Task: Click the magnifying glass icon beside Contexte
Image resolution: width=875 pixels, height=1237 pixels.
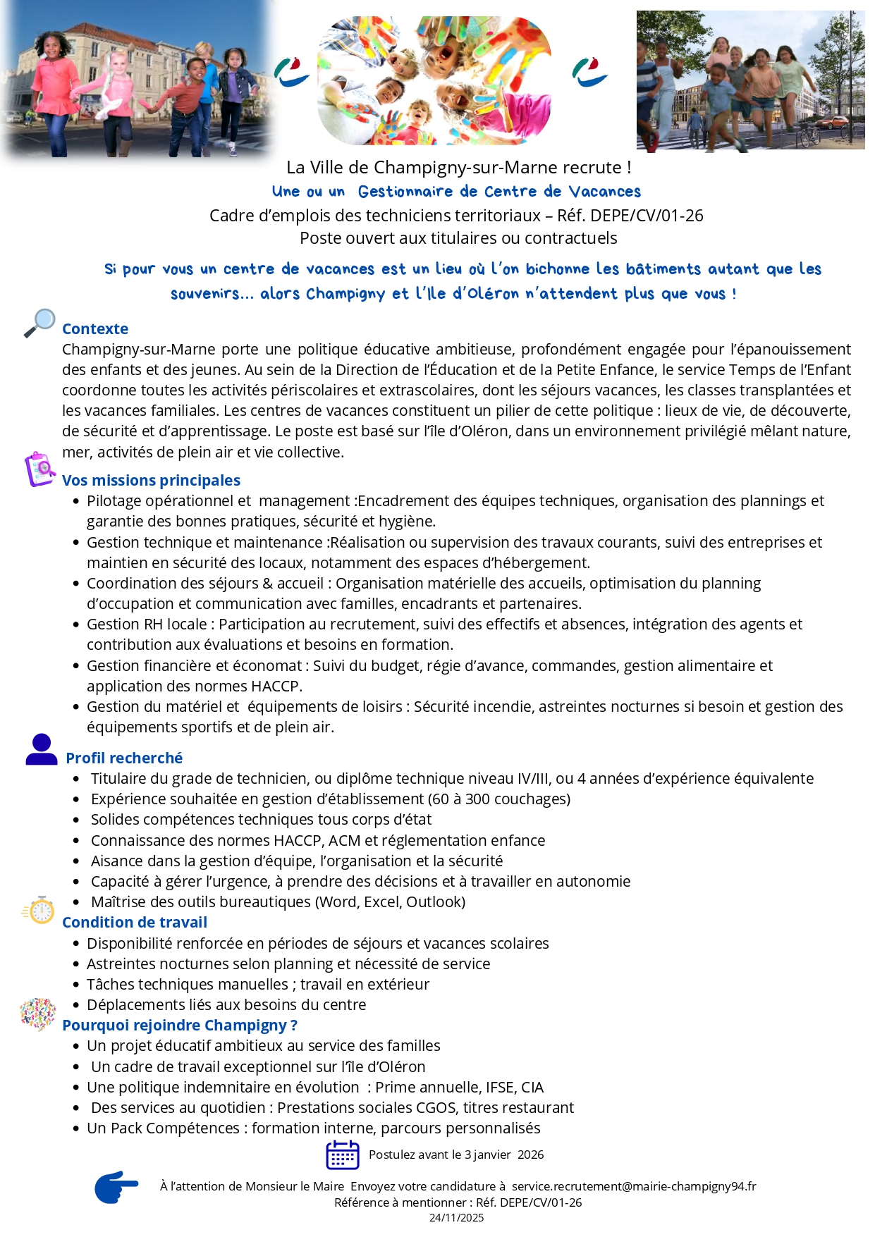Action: (39, 323)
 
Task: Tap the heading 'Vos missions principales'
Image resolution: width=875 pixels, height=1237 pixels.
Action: (151, 481)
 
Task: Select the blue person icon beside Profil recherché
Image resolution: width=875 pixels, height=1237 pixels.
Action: (42, 750)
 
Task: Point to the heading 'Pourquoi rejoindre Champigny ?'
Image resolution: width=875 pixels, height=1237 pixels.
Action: (180, 1026)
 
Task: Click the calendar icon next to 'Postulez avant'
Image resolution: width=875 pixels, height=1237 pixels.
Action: (343, 1155)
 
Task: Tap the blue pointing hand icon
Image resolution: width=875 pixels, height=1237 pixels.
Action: (116, 1188)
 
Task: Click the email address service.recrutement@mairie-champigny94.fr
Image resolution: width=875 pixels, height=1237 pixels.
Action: (634, 1187)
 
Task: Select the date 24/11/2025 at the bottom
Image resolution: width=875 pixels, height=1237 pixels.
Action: (456, 1218)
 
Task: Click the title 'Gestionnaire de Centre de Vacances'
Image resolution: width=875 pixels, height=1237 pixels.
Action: (499, 192)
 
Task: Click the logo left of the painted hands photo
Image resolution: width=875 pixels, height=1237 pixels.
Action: (291, 73)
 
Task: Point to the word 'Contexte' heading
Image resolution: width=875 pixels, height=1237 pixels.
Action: (95, 329)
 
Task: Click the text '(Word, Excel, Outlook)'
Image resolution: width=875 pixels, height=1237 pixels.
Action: (390, 902)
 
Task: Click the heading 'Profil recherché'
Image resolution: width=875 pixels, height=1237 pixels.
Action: (124, 758)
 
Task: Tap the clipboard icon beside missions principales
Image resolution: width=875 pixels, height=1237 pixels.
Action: (40, 469)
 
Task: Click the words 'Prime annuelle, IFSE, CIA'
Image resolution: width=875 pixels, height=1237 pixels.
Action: (459, 1088)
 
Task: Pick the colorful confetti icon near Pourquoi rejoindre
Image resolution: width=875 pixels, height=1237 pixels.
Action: (38, 1014)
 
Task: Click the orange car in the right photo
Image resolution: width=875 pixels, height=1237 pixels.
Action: (832, 122)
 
